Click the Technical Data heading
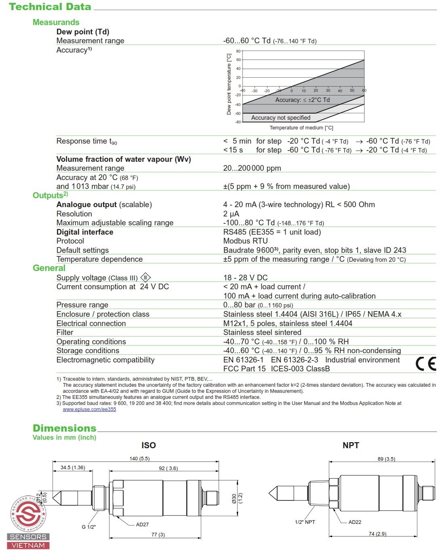click(x=50, y=7)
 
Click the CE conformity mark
click(x=426, y=364)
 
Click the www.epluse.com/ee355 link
click(x=89, y=409)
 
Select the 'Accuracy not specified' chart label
click(x=281, y=118)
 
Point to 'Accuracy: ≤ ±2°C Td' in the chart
click(x=303, y=100)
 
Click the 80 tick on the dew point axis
click(x=238, y=51)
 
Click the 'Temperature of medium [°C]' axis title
click(x=301, y=128)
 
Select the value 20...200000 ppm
click(x=252, y=168)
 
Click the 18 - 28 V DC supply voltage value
click(x=245, y=278)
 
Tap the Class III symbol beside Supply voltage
click(x=145, y=278)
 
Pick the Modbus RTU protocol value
click(x=245, y=241)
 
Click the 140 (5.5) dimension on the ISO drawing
click(x=139, y=459)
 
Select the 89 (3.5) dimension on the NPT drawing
click(x=386, y=459)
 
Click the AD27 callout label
click(x=142, y=525)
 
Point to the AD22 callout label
click(x=355, y=522)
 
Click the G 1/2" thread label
click(x=89, y=527)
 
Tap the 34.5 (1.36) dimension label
click(x=73, y=468)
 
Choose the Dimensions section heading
click(x=65, y=428)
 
